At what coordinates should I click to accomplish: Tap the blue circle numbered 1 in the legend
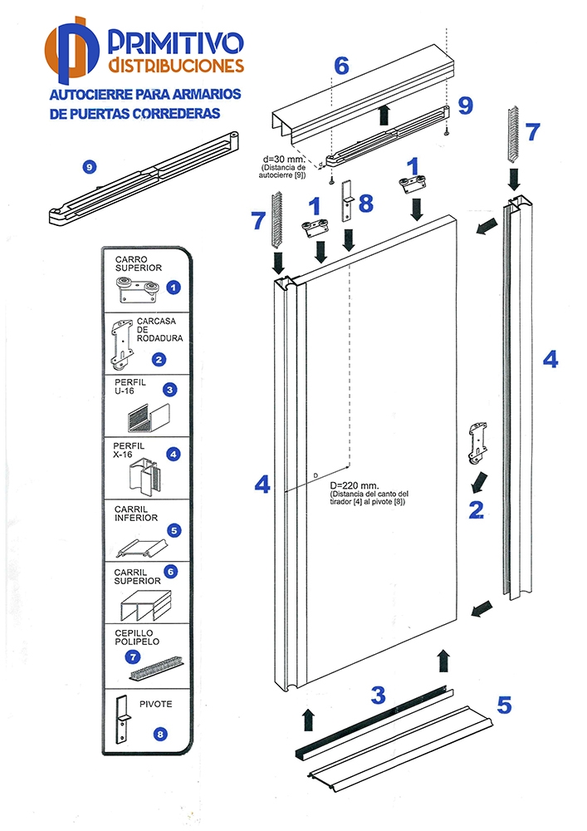click(174, 288)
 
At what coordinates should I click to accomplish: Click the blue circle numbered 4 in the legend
click(174, 455)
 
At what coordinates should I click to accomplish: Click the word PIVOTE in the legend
click(155, 704)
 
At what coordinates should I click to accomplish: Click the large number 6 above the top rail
click(341, 65)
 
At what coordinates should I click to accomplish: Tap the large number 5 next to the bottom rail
click(504, 705)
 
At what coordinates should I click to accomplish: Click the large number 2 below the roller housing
click(476, 509)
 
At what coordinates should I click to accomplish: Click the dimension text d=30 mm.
click(279, 157)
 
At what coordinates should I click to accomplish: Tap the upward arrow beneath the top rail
click(384, 115)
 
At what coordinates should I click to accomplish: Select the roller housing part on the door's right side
click(477, 442)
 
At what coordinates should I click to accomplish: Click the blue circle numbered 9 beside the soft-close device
click(89, 167)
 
